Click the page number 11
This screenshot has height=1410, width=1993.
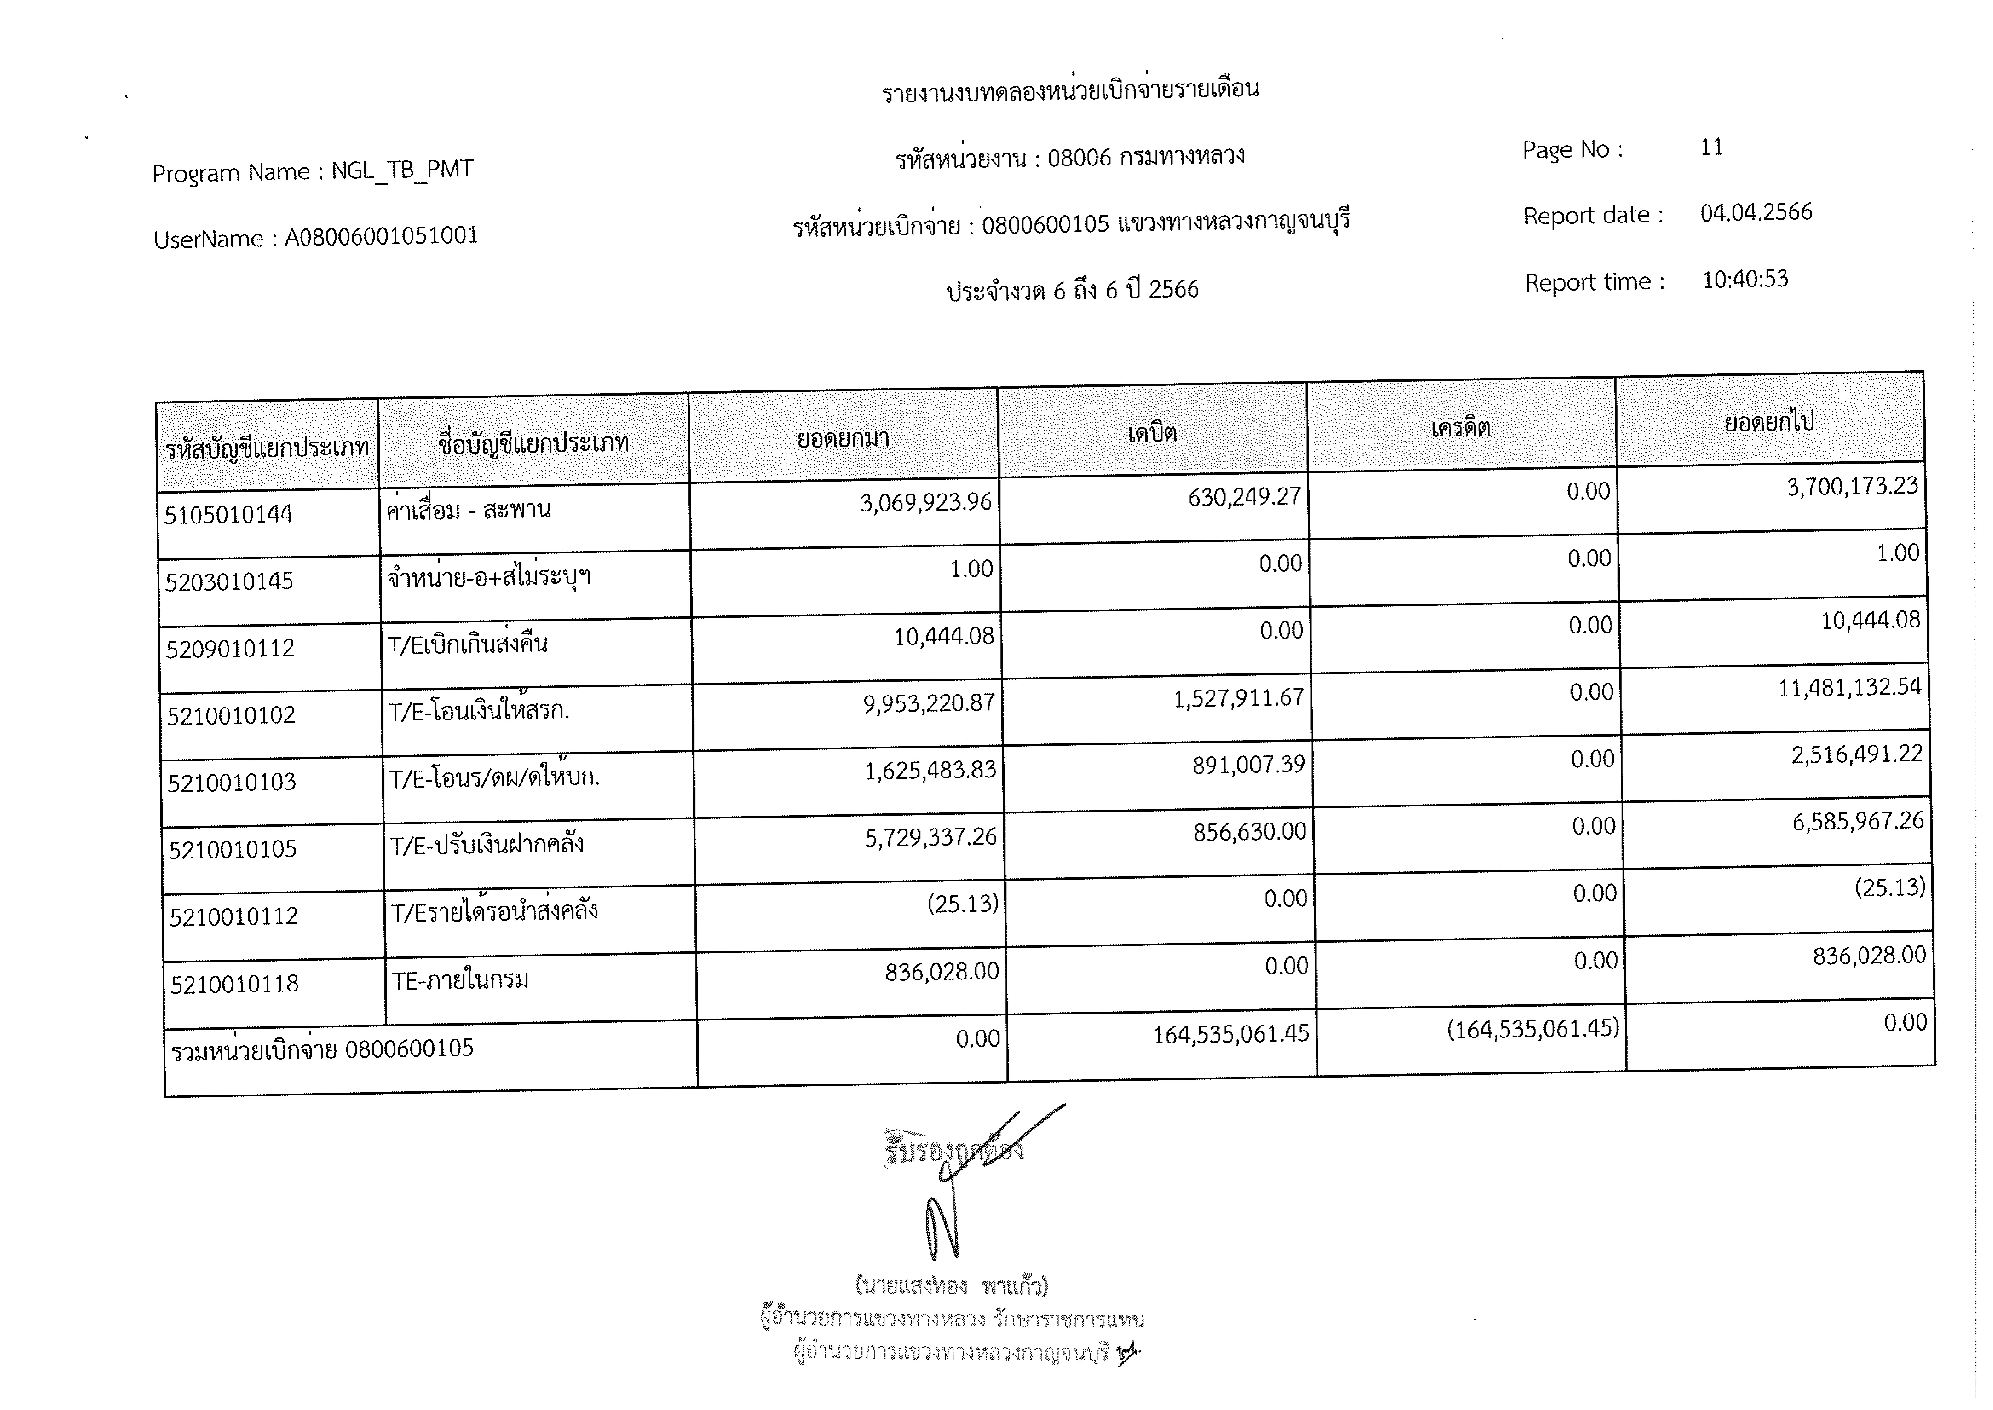tap(1711, 147)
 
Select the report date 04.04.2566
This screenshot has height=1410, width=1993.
tap(1755, 213)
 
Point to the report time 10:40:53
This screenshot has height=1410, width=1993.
tap(1745, 280)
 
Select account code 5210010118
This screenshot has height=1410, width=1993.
tap(234, 984)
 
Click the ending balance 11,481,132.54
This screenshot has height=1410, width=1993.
tap(1849, 688)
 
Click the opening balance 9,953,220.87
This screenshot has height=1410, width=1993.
tap(928, 703)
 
